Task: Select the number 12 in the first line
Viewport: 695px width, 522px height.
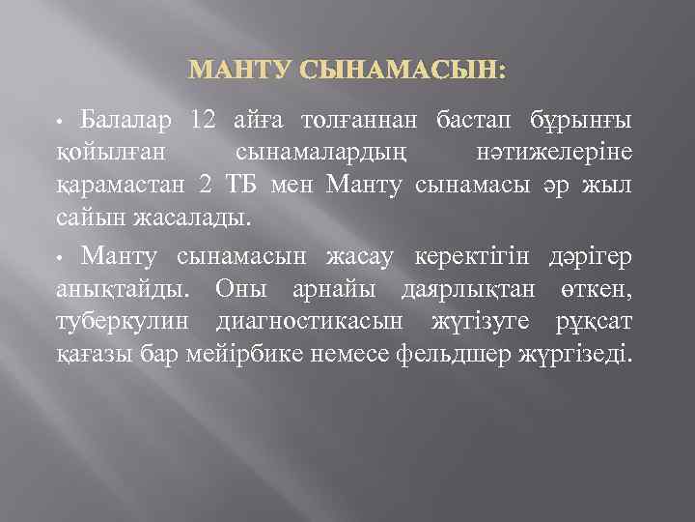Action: [x=204, y=121]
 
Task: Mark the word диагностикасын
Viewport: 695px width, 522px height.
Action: [x=326, y=320]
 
